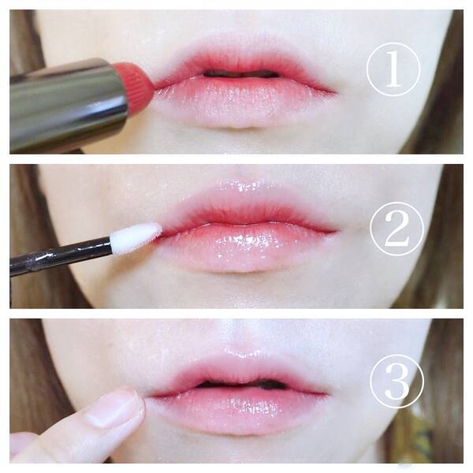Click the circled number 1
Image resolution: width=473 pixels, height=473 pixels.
(393, 69)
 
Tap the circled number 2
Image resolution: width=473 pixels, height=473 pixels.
(397, 229)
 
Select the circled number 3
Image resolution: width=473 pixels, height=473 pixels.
(397, 382)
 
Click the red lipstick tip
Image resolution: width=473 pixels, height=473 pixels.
(136, 82)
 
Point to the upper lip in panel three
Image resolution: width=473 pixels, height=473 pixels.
(238, 373)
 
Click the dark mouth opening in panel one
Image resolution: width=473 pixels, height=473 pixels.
(241, 74)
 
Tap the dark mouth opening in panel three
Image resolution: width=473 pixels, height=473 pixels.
(241, 384)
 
